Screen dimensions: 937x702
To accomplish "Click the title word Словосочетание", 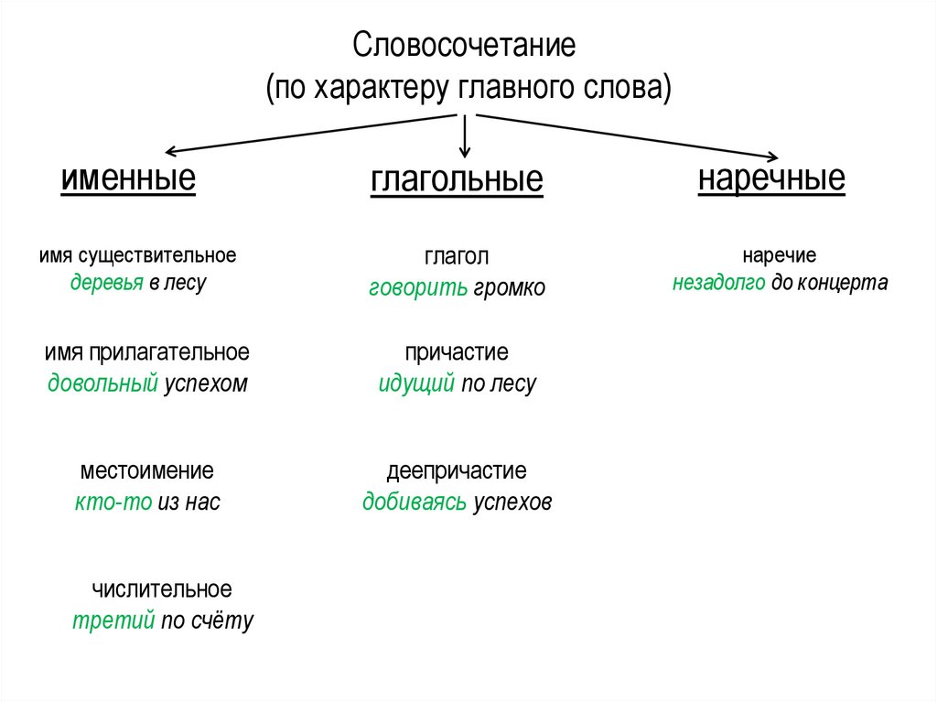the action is (x=465, y=46).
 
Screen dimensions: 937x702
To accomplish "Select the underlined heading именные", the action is (x=128, y=178).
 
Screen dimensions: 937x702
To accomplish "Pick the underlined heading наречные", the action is (x=771, y=178).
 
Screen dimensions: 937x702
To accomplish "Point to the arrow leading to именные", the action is (x=311, y=134).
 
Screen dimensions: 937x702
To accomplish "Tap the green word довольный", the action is (x=102, y=383).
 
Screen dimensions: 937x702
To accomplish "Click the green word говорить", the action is (x=418, y=288).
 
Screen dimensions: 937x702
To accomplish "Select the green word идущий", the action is (x=416, y=383).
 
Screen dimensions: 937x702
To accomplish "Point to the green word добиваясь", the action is (x=415, y=502).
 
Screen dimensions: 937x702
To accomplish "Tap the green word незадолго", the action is (x=718, y=283).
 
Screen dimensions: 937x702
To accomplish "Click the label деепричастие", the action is (x=457, y=472).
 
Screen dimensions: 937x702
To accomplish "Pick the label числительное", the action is (x=162, y=589).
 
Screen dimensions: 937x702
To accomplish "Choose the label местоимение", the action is (x=147, y=471).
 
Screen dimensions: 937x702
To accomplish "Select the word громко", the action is (x=509, y=288).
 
